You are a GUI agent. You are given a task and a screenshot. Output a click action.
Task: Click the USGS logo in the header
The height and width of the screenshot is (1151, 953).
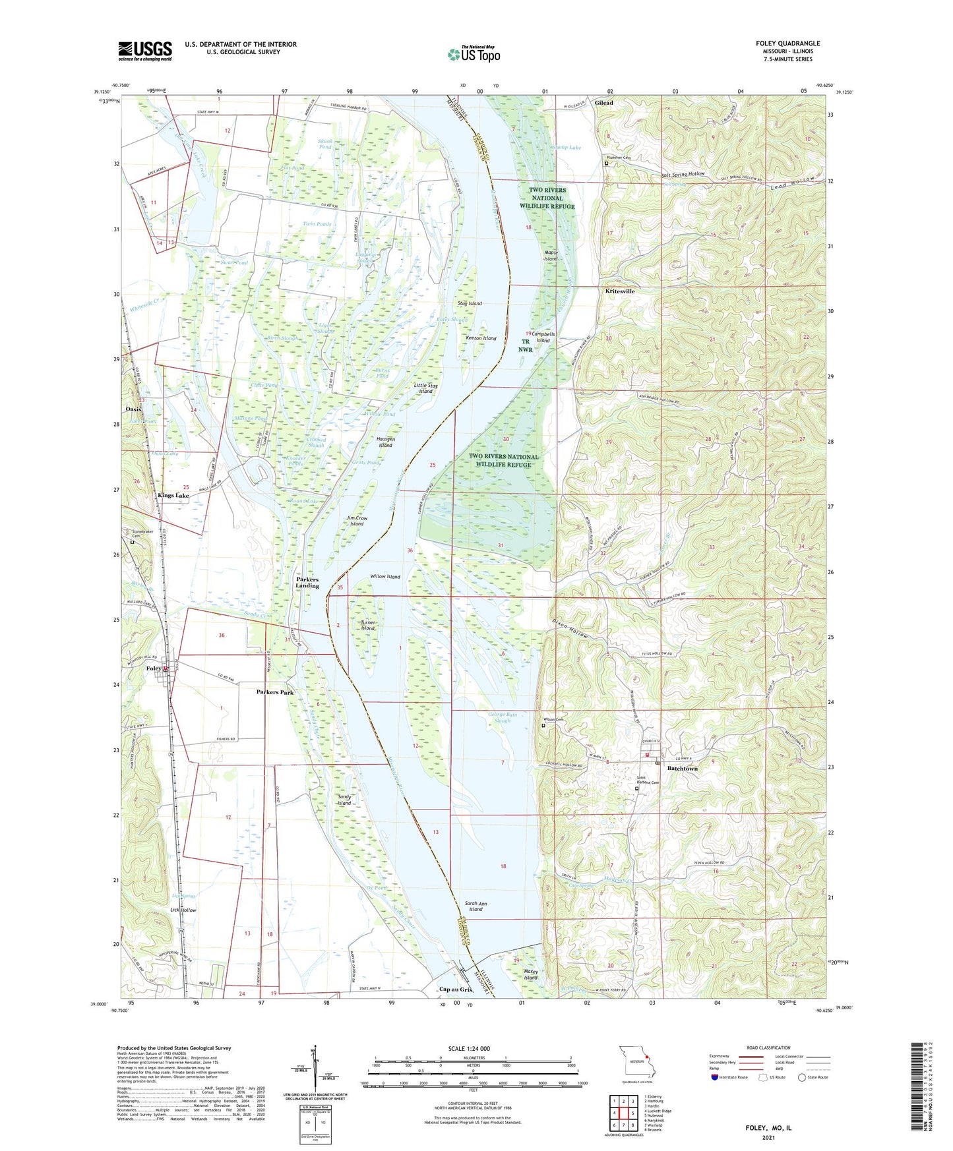click(145, 51)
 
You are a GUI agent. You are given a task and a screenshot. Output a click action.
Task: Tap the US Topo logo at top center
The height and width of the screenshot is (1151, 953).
click(473, 54)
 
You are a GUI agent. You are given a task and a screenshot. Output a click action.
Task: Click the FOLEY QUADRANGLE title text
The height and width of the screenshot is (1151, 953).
click(787, 44)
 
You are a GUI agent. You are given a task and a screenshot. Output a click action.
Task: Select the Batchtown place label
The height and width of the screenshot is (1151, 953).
click(682, 769)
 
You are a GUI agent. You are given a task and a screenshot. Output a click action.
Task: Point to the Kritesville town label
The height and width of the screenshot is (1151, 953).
click(620, 291)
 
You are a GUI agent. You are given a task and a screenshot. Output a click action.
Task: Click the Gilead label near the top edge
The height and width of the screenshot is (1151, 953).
click(603, 103)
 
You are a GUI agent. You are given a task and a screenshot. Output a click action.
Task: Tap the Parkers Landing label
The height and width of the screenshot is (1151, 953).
click(307, 583)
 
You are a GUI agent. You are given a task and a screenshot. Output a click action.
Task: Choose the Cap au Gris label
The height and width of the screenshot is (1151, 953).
click(456, 989)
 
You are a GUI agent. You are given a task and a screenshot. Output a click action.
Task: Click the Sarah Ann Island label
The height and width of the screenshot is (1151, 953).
click(476, 906)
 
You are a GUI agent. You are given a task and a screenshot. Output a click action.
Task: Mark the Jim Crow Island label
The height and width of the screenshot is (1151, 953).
click(357, 521)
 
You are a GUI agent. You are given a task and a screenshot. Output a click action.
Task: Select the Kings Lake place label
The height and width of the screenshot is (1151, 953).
click(173, 495)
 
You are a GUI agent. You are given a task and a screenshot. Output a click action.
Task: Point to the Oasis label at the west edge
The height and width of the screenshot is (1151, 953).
click(133, 409)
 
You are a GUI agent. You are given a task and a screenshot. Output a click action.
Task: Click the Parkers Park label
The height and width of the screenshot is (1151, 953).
click(275, 692)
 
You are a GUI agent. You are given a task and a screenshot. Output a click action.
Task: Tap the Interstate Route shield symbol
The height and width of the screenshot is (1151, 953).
click(715, 1077)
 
